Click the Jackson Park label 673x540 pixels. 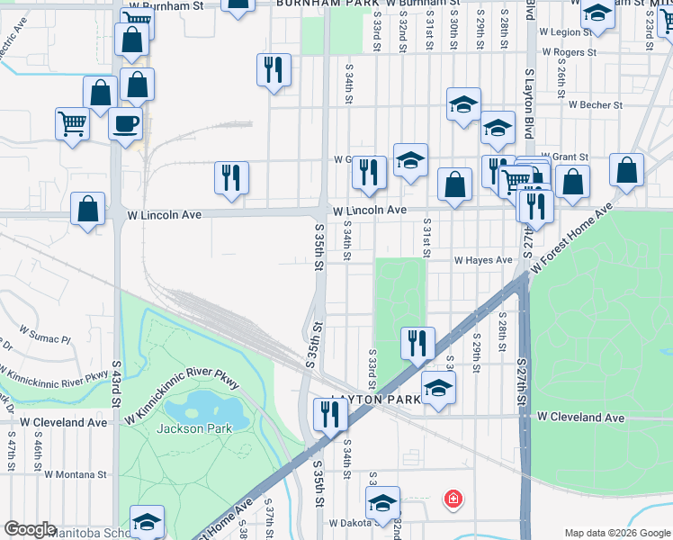(193, 428)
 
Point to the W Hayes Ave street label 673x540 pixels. (482, 260)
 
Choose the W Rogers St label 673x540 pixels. (568, 53)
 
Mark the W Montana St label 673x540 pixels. (76, 473)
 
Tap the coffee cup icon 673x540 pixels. (125, 123)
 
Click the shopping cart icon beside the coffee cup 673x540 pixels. (72, 123)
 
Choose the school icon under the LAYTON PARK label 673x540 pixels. (438, 387)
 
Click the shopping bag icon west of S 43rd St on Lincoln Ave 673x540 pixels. (87, 209)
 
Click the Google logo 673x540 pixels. (30, 529)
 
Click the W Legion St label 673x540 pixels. (564, 31)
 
